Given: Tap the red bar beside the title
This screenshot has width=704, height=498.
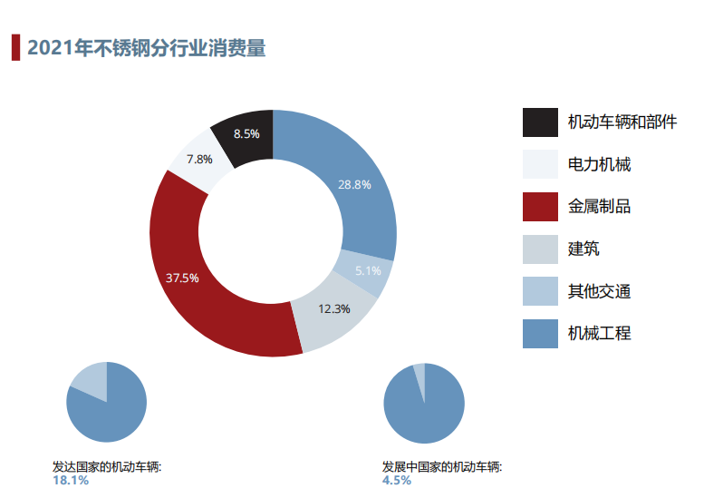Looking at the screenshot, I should tap(15, 47).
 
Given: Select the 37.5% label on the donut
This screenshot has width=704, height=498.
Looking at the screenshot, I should tap(182, 278).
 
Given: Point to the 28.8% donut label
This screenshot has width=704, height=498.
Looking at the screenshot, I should tap(355, 184).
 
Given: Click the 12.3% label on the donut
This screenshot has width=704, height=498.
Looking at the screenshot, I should tap(334, 308).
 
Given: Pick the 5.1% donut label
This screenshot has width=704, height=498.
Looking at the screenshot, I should tap(368, 270).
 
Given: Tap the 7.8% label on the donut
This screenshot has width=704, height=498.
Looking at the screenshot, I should tap(199, 160).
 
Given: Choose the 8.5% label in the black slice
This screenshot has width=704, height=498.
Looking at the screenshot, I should tap(246, 133).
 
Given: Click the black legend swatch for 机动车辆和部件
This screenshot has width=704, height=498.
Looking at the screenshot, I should tap(540, 122).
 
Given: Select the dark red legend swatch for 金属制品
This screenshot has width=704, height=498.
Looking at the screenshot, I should tap(540, 206).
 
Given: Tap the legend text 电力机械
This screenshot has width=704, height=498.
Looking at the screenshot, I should tap(599, 164).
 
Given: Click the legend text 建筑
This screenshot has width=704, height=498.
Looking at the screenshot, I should tap(583, 249).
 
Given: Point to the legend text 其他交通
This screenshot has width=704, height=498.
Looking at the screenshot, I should tap(599, 291).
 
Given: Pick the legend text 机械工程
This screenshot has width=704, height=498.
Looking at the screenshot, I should tap(599, 333).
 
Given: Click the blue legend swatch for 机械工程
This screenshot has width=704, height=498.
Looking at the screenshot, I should tap(540, 333).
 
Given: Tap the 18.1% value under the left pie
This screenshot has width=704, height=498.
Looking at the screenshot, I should tap(71, 480).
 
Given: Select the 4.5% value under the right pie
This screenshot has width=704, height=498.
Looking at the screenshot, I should tap(397, 480).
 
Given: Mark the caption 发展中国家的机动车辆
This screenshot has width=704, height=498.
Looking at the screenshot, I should tap(442, 467).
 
